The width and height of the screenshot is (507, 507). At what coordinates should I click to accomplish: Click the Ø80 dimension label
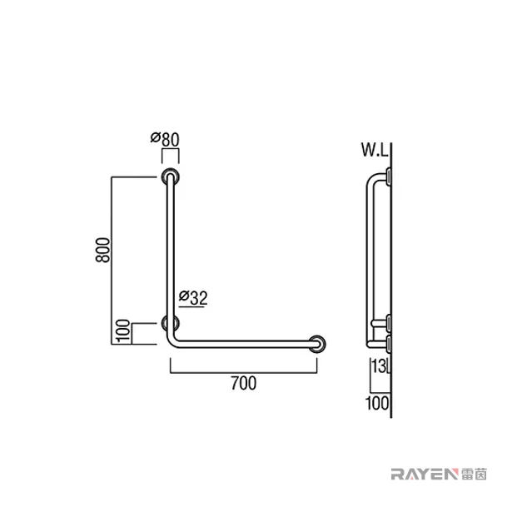[x=165, y=139]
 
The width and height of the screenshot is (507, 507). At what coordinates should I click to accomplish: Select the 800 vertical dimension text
[x=103, y=250]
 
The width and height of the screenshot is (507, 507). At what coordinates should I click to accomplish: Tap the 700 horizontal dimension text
[x=243, y=383]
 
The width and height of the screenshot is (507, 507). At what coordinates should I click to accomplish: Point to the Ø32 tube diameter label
[x=193, y=298]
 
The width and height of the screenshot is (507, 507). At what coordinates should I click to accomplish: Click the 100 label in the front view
[x=123, y=331]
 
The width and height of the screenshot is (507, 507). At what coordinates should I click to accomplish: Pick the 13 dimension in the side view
[x=379, y=366]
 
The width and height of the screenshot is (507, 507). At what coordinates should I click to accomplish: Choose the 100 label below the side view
[x=377, y=404]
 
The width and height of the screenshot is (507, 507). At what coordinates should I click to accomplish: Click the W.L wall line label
[x=375, y=150]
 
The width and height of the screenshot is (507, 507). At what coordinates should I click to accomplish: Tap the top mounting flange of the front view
[x=171, y=176]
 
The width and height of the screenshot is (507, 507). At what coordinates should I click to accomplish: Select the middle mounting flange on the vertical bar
[x=171, y=323]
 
